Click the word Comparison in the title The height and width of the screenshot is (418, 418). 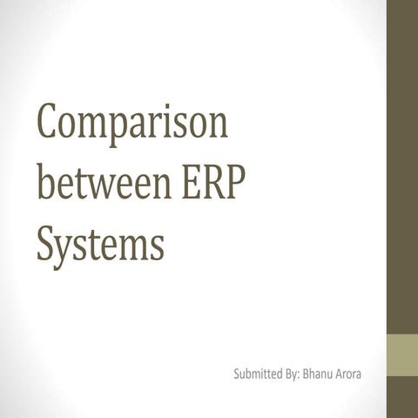(131, 125)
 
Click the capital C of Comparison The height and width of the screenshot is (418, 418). (51, 124)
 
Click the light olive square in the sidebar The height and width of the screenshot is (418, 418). (402, 354)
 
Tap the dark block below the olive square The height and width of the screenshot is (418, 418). (402, 397)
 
